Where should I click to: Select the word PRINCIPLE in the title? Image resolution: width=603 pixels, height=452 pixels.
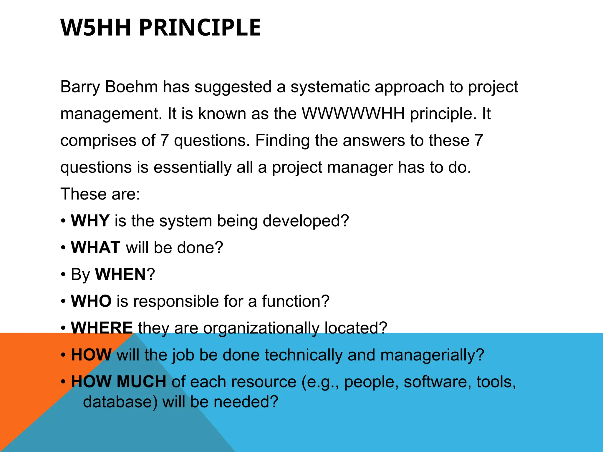tap(200, 27)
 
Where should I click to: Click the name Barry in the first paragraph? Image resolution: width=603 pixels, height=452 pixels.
tap(80, 87)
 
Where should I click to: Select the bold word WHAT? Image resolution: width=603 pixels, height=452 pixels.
tap(95, 247)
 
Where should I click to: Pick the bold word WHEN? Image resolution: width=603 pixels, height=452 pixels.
tap(120, 274)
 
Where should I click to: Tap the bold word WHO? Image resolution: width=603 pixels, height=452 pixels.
tap(91, 301)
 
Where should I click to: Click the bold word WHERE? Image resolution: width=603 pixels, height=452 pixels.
tap(102, 328)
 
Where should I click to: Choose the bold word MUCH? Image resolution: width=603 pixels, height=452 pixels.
tap(141, 381)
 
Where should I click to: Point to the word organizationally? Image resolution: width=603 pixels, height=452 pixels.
tap(261, 328)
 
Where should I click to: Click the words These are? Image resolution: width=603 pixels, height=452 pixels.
tap(100, 194)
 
